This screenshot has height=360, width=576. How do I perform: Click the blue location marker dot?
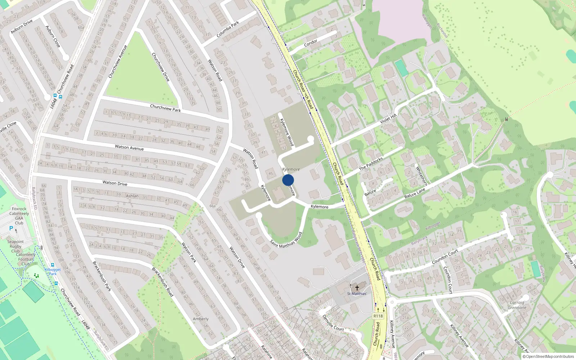pos(288,180)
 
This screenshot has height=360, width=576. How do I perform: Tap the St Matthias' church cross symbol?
pos(357,288)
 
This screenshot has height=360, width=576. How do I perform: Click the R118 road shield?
pos(378,316)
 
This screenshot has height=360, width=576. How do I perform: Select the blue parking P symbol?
pos(11,228)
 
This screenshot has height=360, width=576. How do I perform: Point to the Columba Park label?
pos(228,30)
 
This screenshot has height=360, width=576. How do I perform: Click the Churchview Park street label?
pos(165,108)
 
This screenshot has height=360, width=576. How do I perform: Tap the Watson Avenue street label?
pos(129,148)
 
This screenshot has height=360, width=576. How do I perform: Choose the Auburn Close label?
pos(53,36)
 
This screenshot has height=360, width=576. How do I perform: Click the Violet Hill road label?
pos(388,118)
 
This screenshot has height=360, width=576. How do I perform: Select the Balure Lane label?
pos(415,193)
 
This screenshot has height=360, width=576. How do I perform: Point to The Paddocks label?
pos(371,164)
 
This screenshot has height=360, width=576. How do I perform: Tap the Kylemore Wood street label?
pos(287,132)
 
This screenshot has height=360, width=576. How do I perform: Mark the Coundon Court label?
pos(445,256)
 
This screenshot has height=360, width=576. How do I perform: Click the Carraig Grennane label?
pos(517,305)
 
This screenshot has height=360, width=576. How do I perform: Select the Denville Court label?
pos(333,323)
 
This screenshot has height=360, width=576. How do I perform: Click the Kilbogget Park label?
pos(53,271)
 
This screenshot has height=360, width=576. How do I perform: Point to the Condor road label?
pos(311,43)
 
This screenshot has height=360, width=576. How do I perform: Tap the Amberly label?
pos(201,319)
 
